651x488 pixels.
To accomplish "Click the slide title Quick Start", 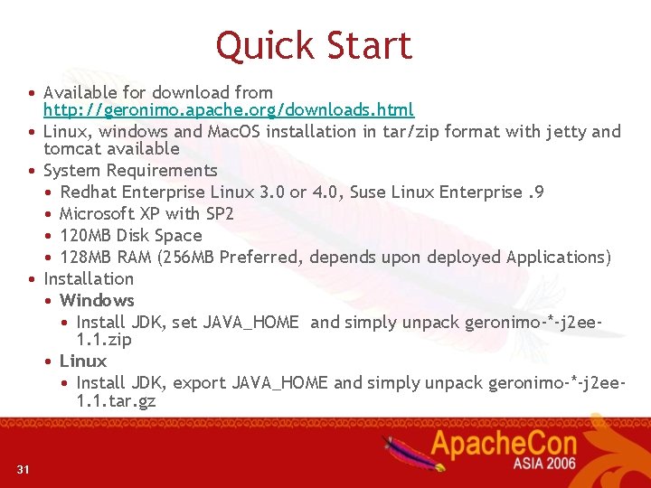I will (x=314, y=46).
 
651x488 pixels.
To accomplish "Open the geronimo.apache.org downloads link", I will (x=229, y=110).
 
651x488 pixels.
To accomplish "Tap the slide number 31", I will (x=24, y=468).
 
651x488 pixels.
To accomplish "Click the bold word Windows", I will (x=97, y=300).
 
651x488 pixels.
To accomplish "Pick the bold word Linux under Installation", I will (x=83, y=361).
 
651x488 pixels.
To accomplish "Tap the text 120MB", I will (x=87, y=235).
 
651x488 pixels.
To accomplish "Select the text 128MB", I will (x=87, y=257).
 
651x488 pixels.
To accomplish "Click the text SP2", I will (x=219, y=213).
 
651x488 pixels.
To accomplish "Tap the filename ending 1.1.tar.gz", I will (x=117, y=400).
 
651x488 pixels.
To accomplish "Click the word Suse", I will (x=368, y=192).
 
